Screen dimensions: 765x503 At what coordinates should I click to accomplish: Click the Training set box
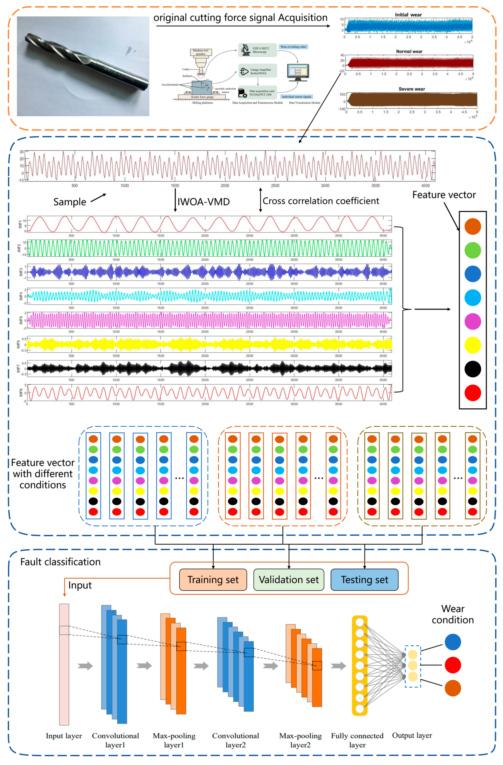213,580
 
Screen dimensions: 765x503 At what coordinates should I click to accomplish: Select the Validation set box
289,580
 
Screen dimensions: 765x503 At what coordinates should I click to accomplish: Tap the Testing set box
364,580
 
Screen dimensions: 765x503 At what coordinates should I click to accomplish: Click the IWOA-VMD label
204,202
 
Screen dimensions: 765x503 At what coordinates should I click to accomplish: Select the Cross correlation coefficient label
321,201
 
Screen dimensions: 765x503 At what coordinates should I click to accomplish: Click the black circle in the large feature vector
473,369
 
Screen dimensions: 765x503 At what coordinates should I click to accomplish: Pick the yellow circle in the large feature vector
473,345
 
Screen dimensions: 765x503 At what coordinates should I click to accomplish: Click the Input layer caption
64,736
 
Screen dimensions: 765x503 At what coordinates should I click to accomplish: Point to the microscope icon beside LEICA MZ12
246,50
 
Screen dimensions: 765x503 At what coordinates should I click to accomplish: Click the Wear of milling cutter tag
293,47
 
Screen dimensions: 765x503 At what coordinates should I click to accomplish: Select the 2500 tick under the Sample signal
275,185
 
